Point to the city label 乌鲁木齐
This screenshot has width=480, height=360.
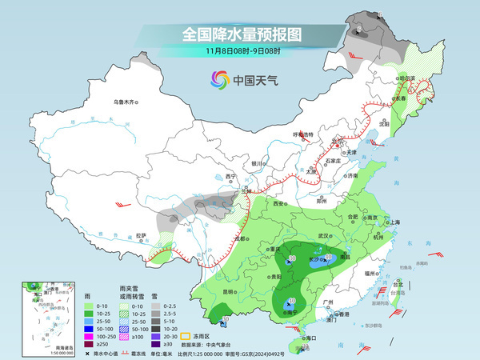pyautogui.click(x=126, y=102)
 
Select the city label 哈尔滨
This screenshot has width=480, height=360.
pyautogui.click(x=409, y=78)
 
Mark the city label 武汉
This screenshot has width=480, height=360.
pyautogui.click(x=323, y=236)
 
